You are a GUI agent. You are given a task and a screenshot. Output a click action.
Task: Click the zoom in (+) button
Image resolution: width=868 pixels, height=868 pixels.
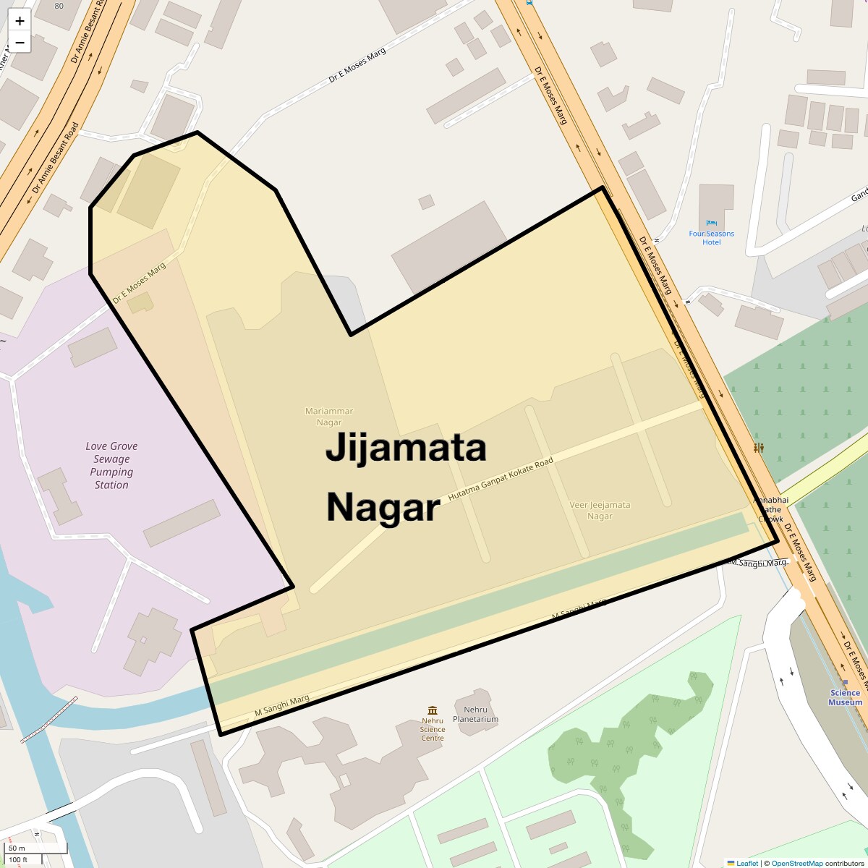tap(20, 21)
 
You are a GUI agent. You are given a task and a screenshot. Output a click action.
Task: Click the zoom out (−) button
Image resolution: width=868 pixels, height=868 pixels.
tap(20, 43)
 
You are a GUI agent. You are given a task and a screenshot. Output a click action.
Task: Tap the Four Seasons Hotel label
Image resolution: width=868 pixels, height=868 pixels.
tap(711, 238)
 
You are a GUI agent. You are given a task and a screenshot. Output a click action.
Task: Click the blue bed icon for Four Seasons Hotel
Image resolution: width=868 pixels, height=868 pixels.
tap(711, 223)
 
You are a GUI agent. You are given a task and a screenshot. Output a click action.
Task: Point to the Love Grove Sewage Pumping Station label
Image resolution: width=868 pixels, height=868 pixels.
tap(111, 466)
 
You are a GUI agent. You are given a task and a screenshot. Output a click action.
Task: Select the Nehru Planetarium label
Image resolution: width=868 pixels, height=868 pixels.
tap(475, 715)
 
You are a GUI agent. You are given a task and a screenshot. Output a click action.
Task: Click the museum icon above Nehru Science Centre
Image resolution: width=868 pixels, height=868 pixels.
tap(433, 710)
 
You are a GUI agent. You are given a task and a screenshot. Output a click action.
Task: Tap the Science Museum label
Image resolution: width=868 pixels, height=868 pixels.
tap(845, 698)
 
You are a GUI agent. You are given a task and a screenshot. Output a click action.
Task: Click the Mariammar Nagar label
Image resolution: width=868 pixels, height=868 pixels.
tap(329, 417)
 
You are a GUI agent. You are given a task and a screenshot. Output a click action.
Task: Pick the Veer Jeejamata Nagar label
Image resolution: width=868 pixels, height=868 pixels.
tap(600, 511)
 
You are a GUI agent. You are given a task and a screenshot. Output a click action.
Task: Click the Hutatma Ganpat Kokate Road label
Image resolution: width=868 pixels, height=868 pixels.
tap(501, 480)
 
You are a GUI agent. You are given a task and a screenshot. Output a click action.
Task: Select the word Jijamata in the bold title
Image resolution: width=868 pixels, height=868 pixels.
tap(406, 448)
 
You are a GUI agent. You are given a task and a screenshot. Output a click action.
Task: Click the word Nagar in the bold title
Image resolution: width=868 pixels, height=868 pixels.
tap(383, 508)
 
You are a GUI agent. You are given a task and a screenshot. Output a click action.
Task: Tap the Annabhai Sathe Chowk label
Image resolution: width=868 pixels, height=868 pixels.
tap(768, 509)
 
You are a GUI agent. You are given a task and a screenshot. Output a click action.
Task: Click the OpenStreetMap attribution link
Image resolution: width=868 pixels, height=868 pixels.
tap(796, 863)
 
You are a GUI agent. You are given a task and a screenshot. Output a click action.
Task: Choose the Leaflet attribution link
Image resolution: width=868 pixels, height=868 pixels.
tap(746, 863)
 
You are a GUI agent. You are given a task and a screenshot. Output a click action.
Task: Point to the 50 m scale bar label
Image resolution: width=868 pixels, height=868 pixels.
tap(17, 848)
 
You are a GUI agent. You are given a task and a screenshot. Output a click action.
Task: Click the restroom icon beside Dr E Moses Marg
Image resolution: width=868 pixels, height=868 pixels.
tap(759, 448)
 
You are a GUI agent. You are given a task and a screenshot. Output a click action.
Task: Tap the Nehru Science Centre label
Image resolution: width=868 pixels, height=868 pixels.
tap(433, 729)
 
